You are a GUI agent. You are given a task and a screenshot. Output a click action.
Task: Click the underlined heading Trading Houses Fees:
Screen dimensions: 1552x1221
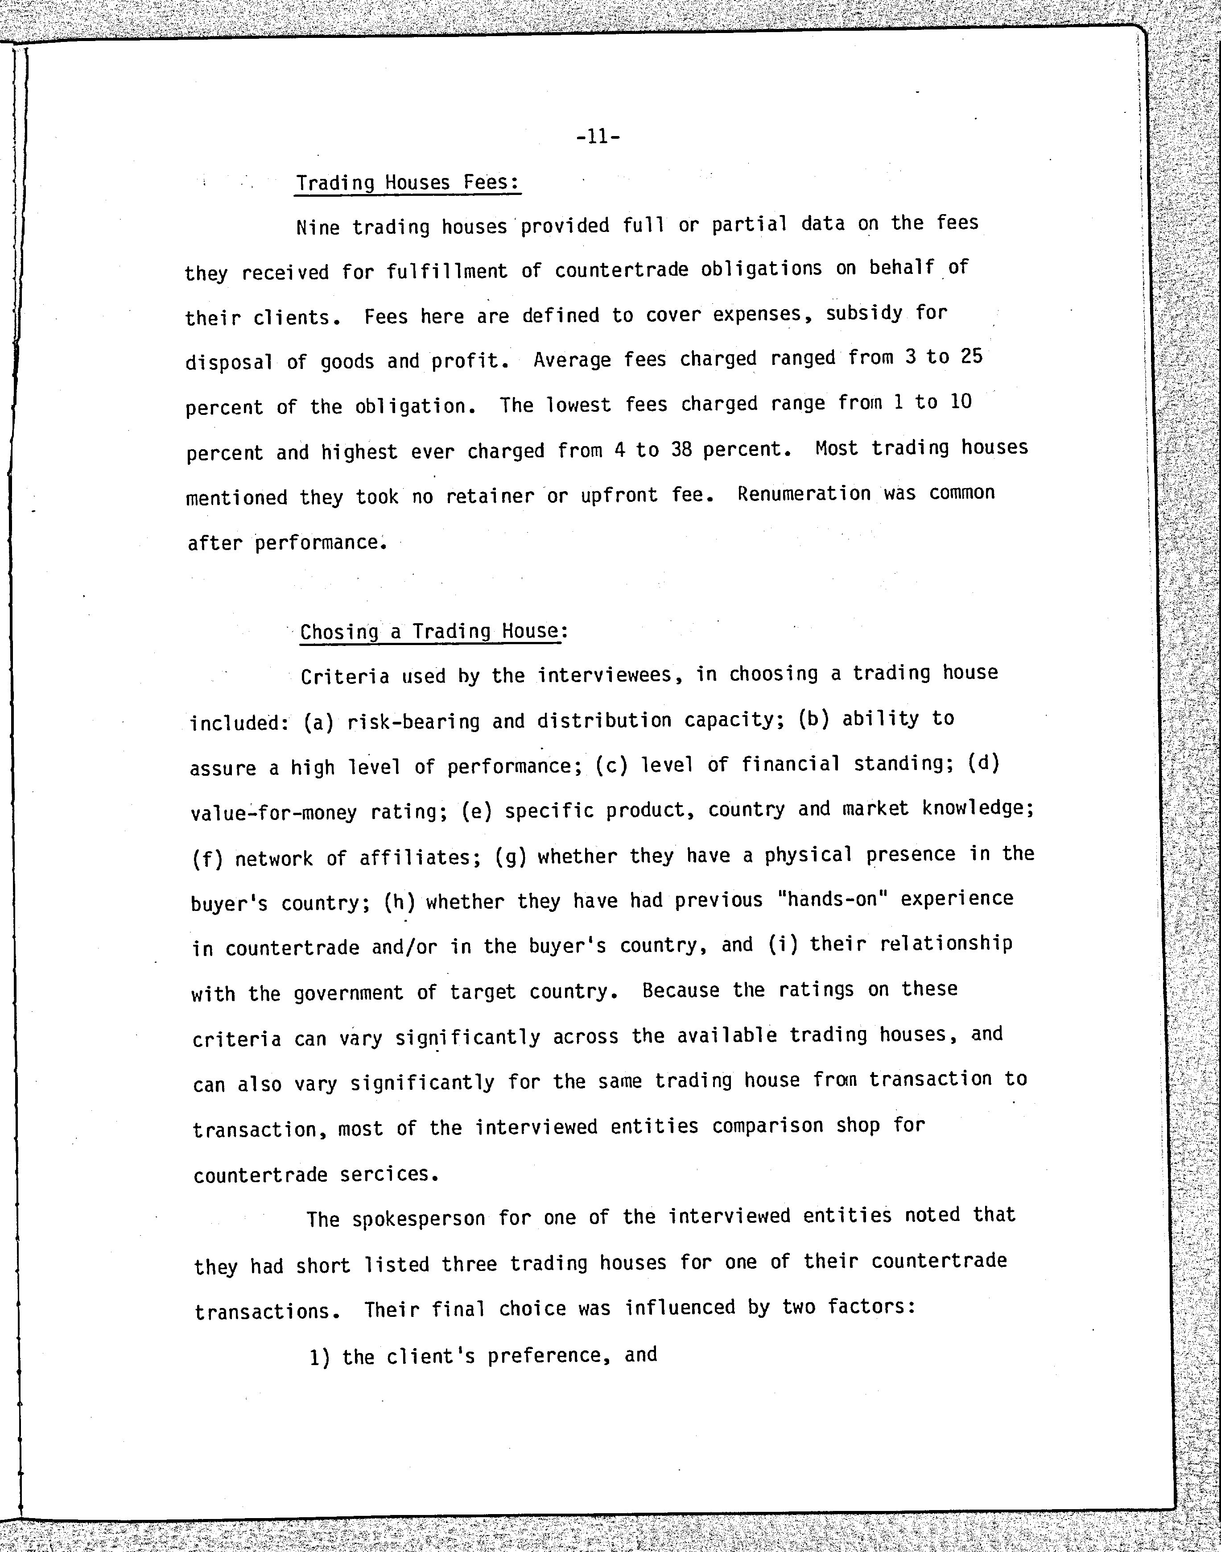(408, 183)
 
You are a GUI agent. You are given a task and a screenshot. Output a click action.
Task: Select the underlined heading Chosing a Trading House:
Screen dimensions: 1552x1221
(433, 632)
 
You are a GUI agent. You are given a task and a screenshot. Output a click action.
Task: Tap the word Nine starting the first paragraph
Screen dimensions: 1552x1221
(318, 228)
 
